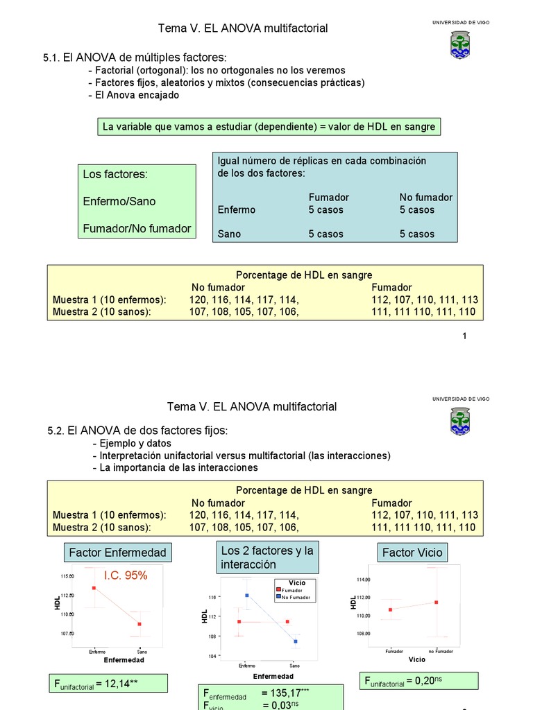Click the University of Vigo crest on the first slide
tap(459, 44)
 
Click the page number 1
tap(464, 336)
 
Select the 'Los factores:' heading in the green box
tap(115, 174)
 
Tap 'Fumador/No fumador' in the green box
tap(137, 228)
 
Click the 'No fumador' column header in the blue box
tap(425, 197)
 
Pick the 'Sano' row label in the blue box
tap(230, 234)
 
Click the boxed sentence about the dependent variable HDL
tap(269, 126)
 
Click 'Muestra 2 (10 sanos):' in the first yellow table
tap(102, 312)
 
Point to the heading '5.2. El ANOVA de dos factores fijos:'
tap(137, 431)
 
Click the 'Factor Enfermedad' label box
tap(118, 552)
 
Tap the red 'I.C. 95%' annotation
tap(126, 575)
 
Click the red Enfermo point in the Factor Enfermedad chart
tap(94, 588)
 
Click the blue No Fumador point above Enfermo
tap(246, 595)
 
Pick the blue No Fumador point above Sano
tap(296, 641)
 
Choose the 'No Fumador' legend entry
tap(297, 597)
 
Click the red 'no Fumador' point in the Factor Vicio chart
tap(436, 602)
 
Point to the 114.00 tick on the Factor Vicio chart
tap(364, 579)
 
